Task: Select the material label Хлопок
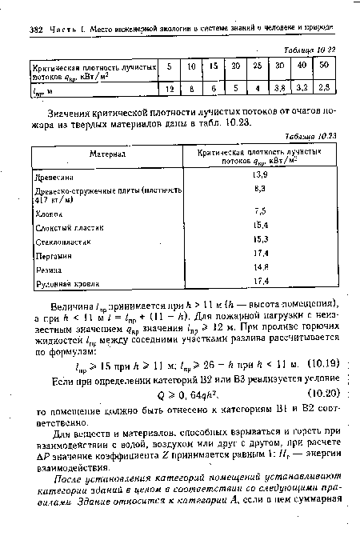(46, 213)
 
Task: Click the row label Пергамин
(50, 255)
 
